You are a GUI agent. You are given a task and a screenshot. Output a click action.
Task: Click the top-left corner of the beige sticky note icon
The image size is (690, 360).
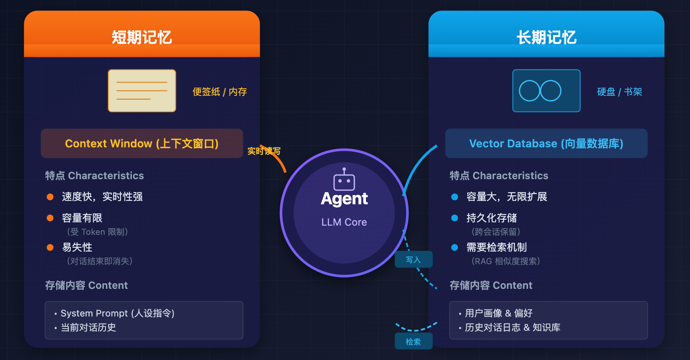108,69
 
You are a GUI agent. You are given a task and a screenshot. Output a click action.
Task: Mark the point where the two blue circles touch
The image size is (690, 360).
540,91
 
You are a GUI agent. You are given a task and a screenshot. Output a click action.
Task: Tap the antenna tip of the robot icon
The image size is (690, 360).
344,169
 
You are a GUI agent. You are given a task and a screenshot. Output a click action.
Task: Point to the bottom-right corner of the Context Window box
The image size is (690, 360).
243,158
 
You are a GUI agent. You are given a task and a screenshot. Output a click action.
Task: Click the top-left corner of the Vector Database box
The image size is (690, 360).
445,129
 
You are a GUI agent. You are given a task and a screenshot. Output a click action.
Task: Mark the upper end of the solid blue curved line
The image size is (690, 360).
437,145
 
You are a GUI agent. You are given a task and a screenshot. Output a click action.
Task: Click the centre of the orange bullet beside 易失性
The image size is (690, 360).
50,247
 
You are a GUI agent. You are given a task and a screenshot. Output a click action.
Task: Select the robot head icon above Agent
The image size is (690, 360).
344,180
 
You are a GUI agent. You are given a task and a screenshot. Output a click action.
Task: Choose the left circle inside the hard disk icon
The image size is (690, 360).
530,91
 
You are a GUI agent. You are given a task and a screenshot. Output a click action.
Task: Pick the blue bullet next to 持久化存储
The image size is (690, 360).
455,218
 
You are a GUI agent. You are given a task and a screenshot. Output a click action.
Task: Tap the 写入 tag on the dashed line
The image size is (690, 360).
414,260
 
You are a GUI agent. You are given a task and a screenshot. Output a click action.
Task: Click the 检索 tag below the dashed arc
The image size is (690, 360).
414,341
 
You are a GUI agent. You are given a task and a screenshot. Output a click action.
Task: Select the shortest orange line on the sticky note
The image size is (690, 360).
134,99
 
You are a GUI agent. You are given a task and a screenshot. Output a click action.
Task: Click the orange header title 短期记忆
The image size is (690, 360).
142,38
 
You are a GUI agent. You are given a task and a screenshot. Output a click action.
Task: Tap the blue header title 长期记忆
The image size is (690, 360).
546,38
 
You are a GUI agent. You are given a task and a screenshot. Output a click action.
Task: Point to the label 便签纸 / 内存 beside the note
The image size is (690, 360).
220,92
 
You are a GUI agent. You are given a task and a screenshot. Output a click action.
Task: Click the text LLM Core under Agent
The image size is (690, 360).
344,222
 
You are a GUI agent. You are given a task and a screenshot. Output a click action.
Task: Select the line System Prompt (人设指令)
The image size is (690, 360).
117,313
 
